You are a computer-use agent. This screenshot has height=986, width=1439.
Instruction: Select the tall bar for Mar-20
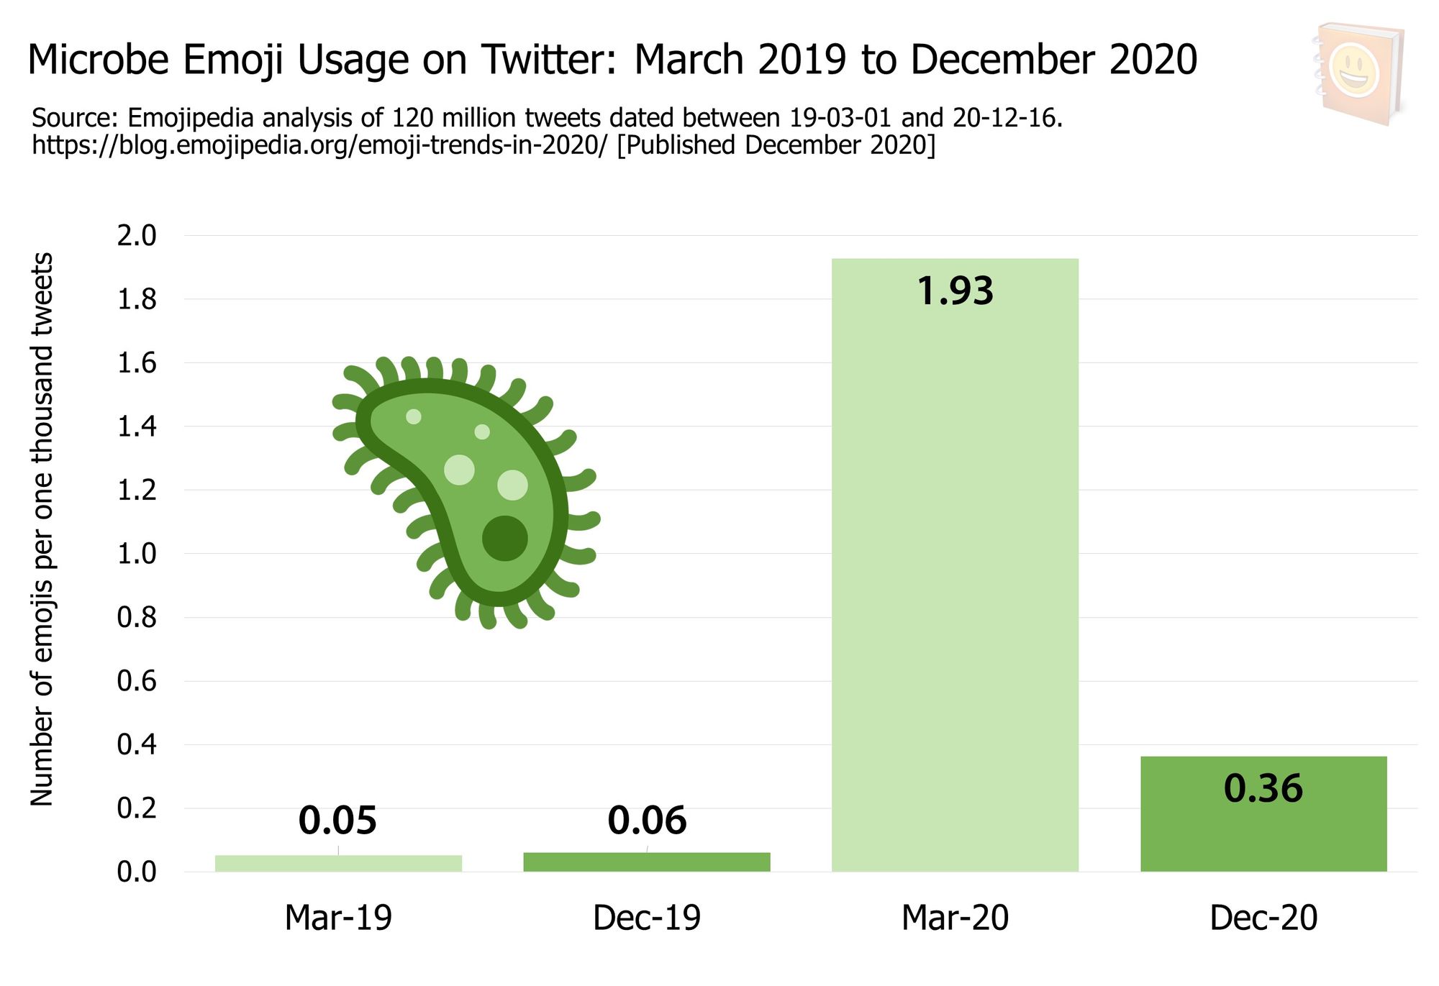[955, 575]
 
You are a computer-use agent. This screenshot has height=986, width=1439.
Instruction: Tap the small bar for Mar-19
[338, 863]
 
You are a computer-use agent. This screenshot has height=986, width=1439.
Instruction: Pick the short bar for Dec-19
[647, 862]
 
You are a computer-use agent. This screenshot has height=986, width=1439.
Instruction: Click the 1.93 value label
[955, 291]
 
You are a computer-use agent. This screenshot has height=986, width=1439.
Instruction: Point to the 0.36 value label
[1263, 788]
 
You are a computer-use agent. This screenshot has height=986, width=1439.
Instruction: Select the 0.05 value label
[337, 820]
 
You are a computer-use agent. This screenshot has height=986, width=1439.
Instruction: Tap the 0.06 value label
[647, 820]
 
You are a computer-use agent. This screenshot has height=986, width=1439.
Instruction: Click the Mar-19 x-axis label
[338, 918]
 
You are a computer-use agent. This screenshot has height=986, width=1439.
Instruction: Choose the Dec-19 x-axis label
[647, 918]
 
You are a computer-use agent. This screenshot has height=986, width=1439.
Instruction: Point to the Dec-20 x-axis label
[1263, 918]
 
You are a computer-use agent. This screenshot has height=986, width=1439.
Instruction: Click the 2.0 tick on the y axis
[137, 236]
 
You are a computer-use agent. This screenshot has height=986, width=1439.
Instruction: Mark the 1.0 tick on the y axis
[137, 554]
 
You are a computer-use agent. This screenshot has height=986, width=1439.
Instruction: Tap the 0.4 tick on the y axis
[137, 744]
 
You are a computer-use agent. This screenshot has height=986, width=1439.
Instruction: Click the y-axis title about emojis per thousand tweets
[42, 529]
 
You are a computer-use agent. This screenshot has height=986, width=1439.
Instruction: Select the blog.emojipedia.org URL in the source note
[320, 145]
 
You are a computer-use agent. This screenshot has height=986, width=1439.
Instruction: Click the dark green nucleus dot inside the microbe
[504, 538]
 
